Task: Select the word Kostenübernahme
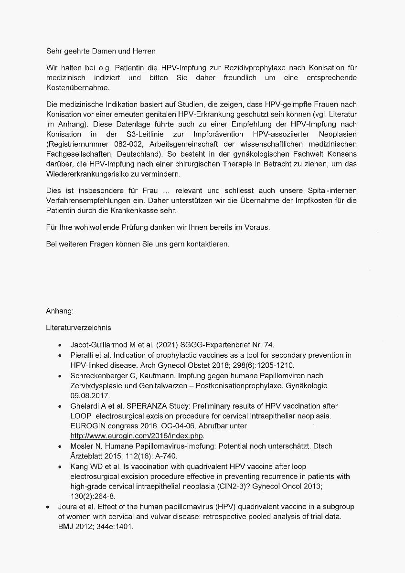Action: [77, 87]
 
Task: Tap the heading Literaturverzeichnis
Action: [78, 328]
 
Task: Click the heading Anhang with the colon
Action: [59, 311]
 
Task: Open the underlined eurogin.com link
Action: [137, 436]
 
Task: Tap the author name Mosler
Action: [82, 446]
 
